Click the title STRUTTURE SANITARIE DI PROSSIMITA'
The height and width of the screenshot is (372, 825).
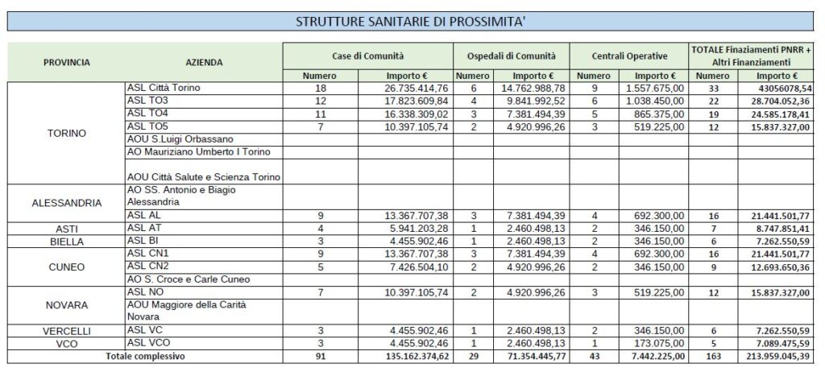point(412,22)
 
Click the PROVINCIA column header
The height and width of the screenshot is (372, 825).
point(66,62)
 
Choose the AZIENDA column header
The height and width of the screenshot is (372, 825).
point(204,62)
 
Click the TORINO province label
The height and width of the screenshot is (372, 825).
point(66,133)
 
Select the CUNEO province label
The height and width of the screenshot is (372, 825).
point(66,266)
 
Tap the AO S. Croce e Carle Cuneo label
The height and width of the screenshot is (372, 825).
point(189,279)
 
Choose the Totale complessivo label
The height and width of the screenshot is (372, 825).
point(145,356)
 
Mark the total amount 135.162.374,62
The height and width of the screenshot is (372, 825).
point(407,356)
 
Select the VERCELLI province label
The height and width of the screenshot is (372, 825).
point(66,331)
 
